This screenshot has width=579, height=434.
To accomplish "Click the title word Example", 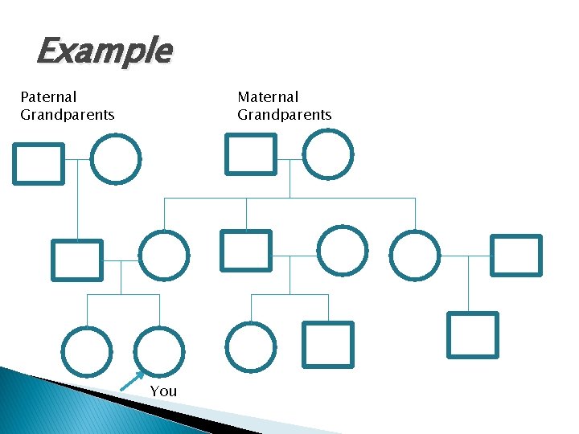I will [x=104, y=51].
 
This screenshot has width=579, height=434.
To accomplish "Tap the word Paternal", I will [x=48, y=97].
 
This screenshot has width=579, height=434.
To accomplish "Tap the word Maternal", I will [x=268, y=97].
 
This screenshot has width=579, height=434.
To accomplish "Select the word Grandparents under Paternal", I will [x=68, y=115].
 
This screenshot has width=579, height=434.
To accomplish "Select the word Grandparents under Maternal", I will [x=284, y=115].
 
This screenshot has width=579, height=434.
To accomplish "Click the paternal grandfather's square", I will [x=38, y=164].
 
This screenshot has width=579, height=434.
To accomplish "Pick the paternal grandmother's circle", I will [x=116, y=159].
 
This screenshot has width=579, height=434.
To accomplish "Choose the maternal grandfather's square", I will [x=250, y=154].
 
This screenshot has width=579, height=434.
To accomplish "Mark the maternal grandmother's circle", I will [x=328, y=154].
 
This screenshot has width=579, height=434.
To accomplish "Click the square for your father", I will [x=77, y=260].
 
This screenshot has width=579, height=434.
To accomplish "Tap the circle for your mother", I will [x=164, y=256].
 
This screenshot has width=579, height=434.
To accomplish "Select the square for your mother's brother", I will [x=246, y=251].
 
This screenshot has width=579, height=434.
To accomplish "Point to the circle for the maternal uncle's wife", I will [x=343, y=251].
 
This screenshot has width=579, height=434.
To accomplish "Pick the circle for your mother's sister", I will [x=415, y=256].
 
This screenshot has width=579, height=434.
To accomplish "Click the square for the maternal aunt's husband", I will [x=516, y=256].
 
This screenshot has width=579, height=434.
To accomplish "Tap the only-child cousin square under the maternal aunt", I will [x=473, y=334].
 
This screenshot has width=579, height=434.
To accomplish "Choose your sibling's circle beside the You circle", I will [x=87, y=352].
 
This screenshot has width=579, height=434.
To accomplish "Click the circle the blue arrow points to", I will [x=158, y=352].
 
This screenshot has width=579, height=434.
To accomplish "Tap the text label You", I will [x=163, y=391].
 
